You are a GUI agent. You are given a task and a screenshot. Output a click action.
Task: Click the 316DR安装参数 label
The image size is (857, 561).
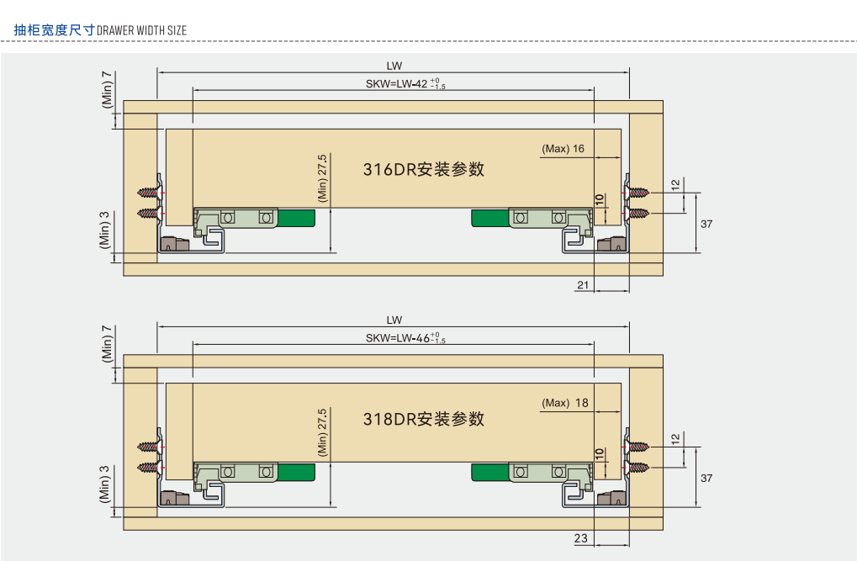click(x=424, y=169)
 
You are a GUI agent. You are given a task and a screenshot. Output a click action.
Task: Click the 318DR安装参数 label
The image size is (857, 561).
click(x=424, y=419)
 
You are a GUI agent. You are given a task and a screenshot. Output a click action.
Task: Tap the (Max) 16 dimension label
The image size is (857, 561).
click(x=563, y=149)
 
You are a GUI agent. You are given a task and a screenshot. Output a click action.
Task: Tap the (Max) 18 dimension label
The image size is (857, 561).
click(x=564, y=403)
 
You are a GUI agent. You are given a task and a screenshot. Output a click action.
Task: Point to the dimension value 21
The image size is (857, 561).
click(x=582, y=285)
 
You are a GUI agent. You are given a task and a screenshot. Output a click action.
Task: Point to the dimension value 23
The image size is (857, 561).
click(x=581, y=539)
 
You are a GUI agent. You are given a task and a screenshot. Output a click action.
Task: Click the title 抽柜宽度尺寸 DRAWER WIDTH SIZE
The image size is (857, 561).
click(x=100, y=30)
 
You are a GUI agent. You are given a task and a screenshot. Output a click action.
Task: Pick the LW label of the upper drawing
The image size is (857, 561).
click(x=394, y=66)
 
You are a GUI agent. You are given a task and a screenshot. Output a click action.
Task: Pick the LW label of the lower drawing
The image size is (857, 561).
click(x=394, y=320)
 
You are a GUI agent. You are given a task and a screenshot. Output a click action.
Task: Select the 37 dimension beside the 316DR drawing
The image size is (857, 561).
click(x=706, y=224)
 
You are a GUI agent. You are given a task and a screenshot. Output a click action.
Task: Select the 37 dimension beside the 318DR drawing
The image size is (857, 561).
click(x=706, y=478)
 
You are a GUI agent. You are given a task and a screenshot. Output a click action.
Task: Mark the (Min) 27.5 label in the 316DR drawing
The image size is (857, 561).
click(x=322, y=177)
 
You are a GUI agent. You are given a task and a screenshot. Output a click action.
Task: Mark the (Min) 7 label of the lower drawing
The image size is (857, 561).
click(x=107, y=343)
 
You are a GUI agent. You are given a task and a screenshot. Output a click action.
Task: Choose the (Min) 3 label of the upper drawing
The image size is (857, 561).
click(x=105, y=230)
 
